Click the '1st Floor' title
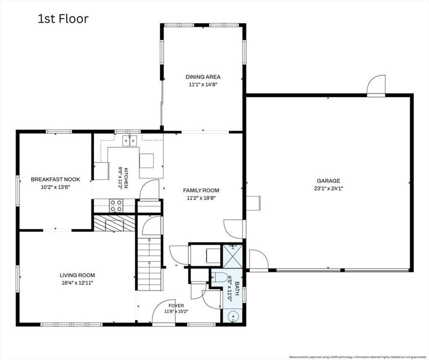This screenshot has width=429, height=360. (x=63, y=19)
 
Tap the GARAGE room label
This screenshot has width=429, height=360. (x=328, y=181)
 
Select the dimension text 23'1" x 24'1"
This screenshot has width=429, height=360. (x=328, y=188)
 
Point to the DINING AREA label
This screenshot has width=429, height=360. (x=203, y=77)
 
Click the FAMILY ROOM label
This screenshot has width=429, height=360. (x=201, y=190)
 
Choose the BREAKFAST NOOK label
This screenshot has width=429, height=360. (x=55, y=179)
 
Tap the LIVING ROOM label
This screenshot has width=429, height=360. (x=78, y=275)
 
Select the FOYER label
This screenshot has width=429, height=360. (x=176, y=306)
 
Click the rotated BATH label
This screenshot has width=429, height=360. (x=237, y=289)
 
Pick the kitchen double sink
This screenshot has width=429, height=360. (x=130, y=141)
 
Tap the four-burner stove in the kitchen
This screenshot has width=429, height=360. (x=116, y=206)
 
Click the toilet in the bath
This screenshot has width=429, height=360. (x=219, y=278)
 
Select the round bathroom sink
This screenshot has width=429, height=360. (x=233, y=316)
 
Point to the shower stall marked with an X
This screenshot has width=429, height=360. (x=233, y=256)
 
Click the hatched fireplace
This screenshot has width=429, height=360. (x=114, y=223)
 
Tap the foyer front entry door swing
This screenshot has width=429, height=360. (x=163, y=311)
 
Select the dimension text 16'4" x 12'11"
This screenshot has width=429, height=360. (x=78, y=283)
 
